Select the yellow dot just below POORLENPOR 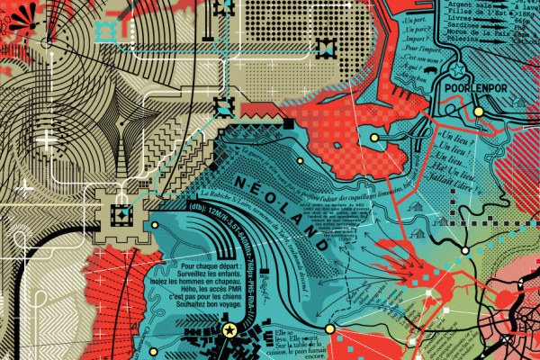pyautogui.click(x=479, y=110)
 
